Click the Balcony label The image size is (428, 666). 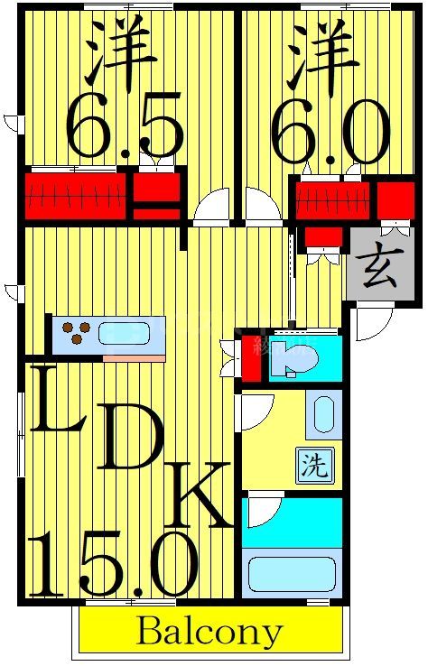click(x=209, y=631)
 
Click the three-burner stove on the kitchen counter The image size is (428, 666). click(x=74, y=333)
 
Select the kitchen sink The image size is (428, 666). click(x=125, y=334)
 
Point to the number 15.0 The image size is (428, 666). click(x=114, y=564)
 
